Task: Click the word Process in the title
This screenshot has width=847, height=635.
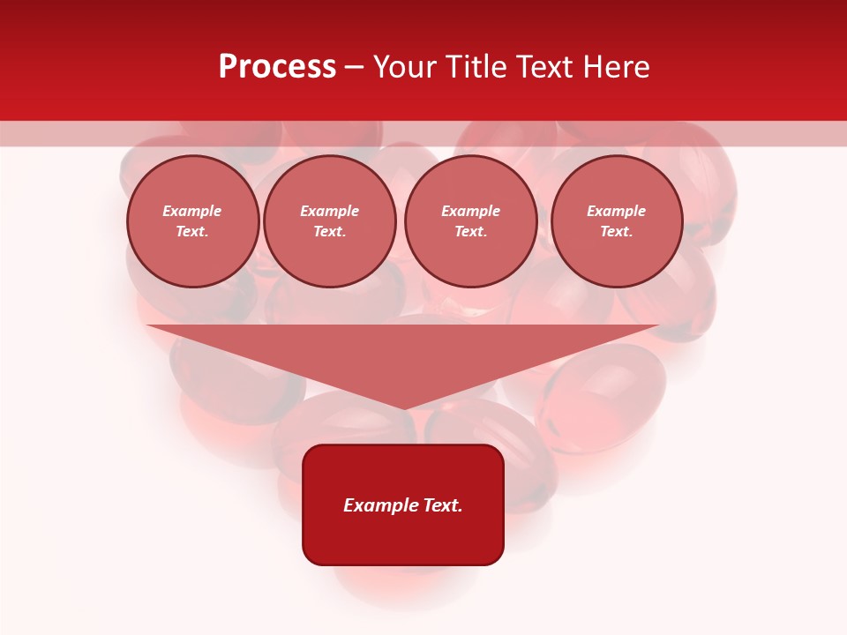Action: click(x=277, y=67)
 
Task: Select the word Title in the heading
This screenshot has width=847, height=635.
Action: click(x=481, y=67)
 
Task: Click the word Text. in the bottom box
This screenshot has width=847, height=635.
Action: click(x=442, y=505)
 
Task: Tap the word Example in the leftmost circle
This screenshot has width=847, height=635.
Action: click(x=192, y=211)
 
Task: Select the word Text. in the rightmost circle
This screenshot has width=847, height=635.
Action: click(x=616, y=231)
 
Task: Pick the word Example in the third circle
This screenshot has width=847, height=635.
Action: click(x=470, y=211)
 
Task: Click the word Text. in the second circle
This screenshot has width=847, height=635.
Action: click(x=329, y=231)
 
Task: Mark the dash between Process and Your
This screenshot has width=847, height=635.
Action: click(x=354, y=67)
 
